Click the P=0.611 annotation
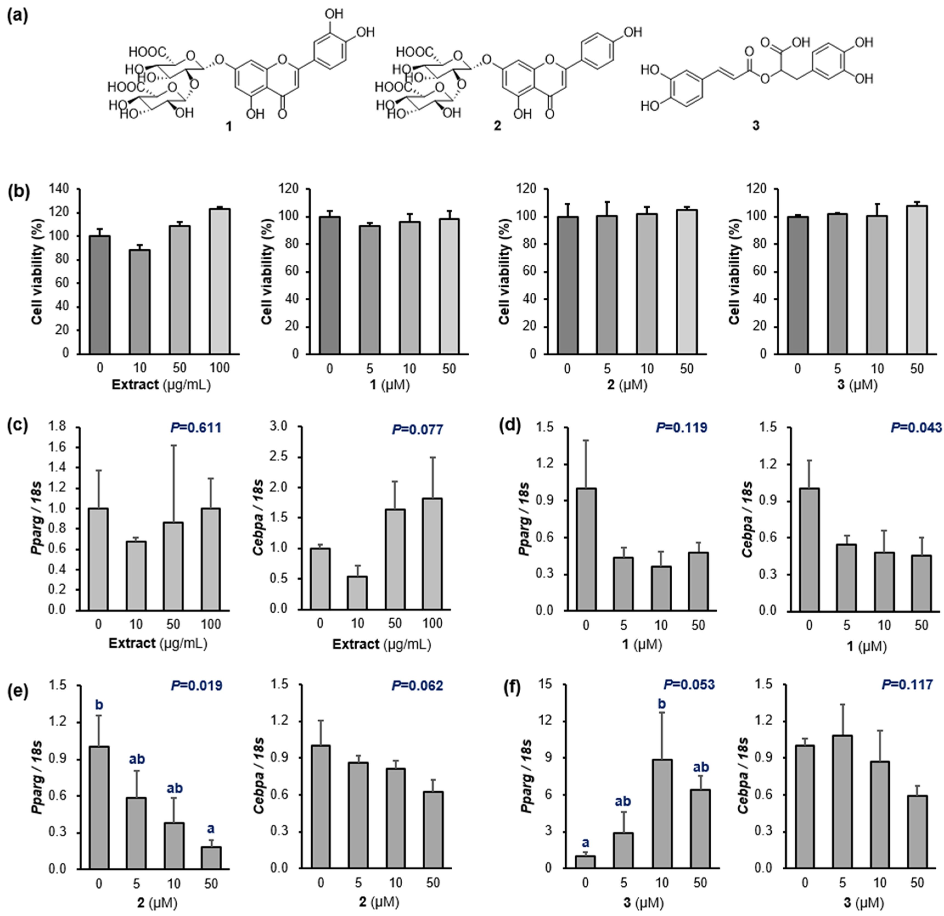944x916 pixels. (196, 428)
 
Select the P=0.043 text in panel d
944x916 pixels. (915, 428)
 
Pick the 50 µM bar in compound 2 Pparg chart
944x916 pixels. (211, 858)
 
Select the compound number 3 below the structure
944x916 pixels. (756, 126)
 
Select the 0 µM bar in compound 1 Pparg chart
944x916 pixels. (586, 549)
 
